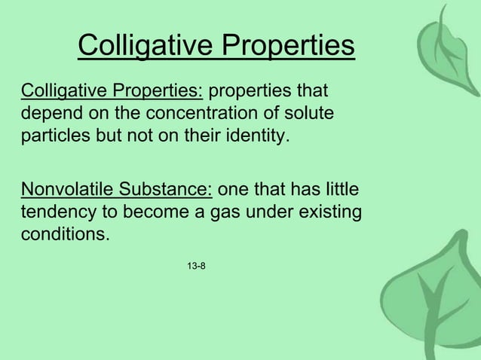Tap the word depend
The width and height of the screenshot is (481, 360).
tap(47, 115)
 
